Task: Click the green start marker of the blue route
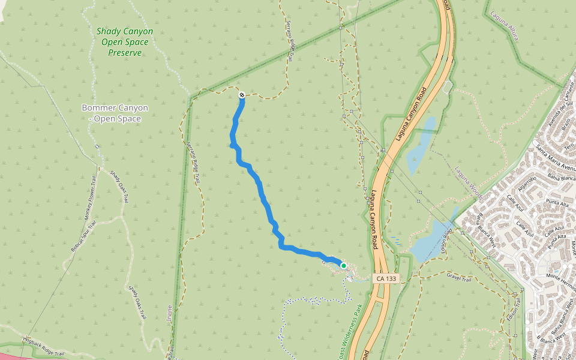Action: [343, 265]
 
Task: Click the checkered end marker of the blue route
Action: [242, 95]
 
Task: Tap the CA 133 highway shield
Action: [386, 278]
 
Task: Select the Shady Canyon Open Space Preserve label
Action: [125, 42]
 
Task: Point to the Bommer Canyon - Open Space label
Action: [115, 113]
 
